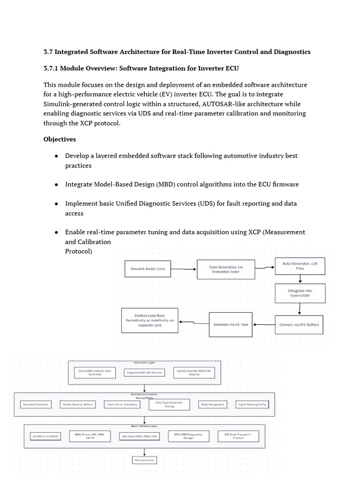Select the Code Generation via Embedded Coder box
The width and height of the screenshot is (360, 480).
[x=226, y=269]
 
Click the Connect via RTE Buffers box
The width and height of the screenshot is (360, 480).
[x=299, y=324]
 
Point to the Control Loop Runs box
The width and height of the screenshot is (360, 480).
[x=150, y=320]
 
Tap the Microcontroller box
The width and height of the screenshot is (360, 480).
[x=144, y=460]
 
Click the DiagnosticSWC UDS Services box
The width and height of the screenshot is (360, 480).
[x=144, y=372]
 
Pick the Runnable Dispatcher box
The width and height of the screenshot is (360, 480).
[x=36, y=404]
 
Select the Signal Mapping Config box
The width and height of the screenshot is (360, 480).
[x=253, y=404]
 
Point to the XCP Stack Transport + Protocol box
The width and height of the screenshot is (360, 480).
[x=238, y=436]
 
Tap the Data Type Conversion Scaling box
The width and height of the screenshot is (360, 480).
[x=169, y=404]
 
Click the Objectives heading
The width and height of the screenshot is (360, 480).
[x=60, y=139]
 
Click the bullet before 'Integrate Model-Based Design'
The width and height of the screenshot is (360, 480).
[x=56, y=185]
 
